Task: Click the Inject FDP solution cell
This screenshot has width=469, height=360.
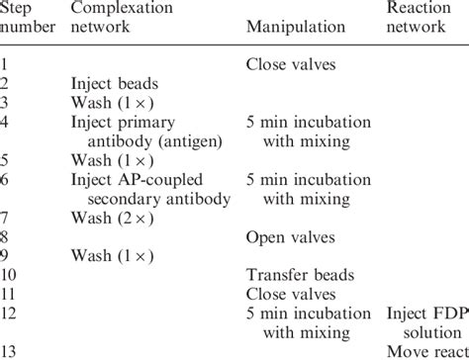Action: point(427,317)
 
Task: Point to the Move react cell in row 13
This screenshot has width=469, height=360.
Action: point(427,351)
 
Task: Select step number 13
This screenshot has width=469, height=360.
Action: point(10,351)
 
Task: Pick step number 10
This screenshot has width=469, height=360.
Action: point(10,272)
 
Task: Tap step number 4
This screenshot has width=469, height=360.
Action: point(6,122)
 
